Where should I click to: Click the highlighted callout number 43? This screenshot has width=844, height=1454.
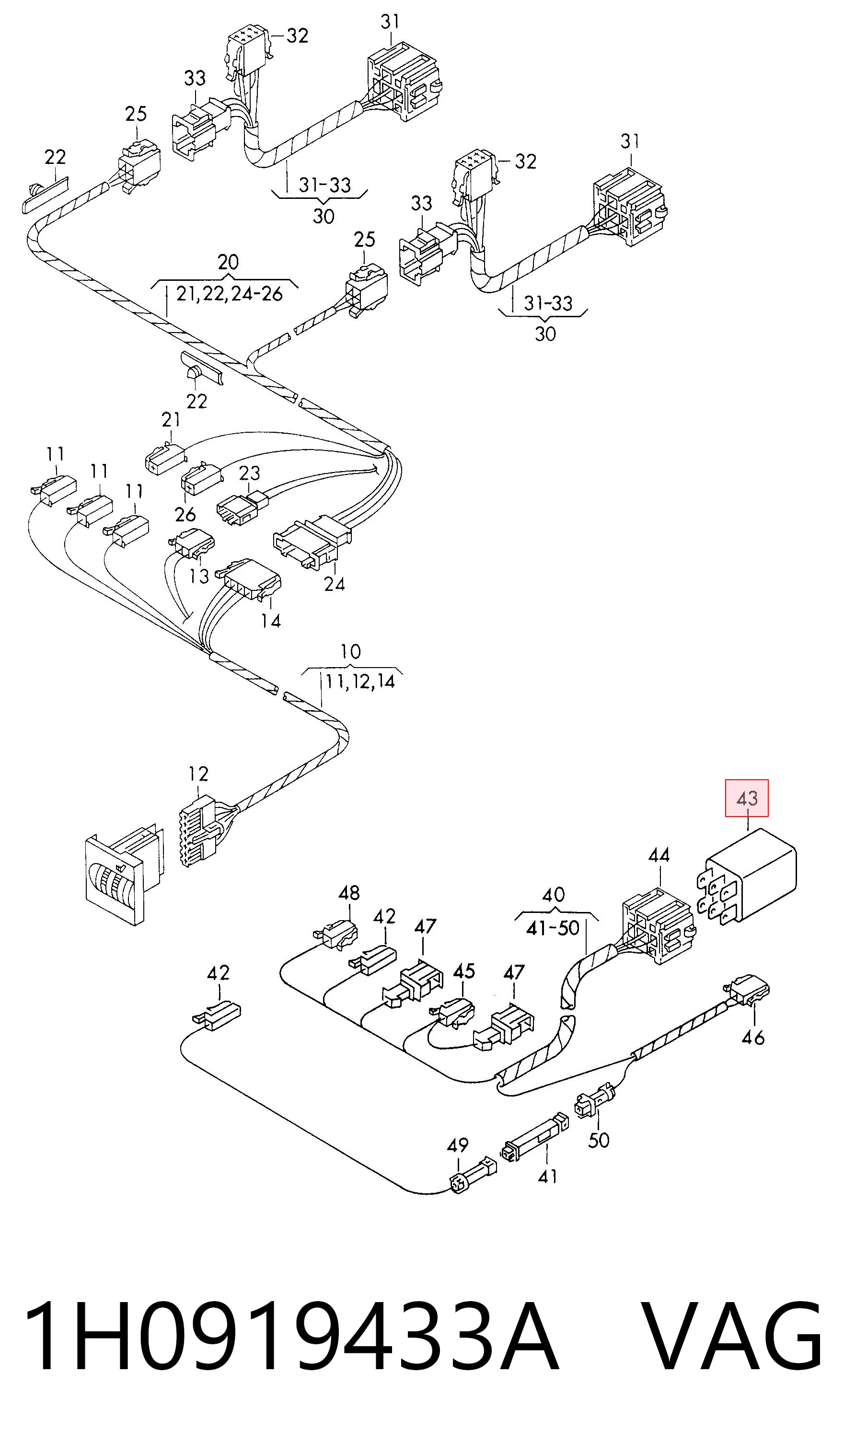click(x=747, y=798)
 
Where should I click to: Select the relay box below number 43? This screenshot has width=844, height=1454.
click(x=747, y=876)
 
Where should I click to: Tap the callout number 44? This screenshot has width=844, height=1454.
click(x=659, y=854)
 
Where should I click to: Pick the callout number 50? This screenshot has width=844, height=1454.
click(x=598, y=1140)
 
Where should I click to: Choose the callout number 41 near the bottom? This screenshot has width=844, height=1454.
click(x=547, y=1175)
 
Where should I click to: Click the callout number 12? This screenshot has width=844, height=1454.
click(x=198, y=774)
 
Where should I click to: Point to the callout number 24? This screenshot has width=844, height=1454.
click(x=335, y=584)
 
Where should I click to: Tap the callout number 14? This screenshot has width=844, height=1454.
click(x=271, y=621)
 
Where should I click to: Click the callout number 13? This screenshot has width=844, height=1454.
click(x=199, y=576)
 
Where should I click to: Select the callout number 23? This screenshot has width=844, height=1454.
click(x=249, y=473)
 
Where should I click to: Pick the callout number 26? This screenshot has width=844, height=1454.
click(x=185, y=514)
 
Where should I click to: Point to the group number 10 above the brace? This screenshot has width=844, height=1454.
click(x=351, y=651)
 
